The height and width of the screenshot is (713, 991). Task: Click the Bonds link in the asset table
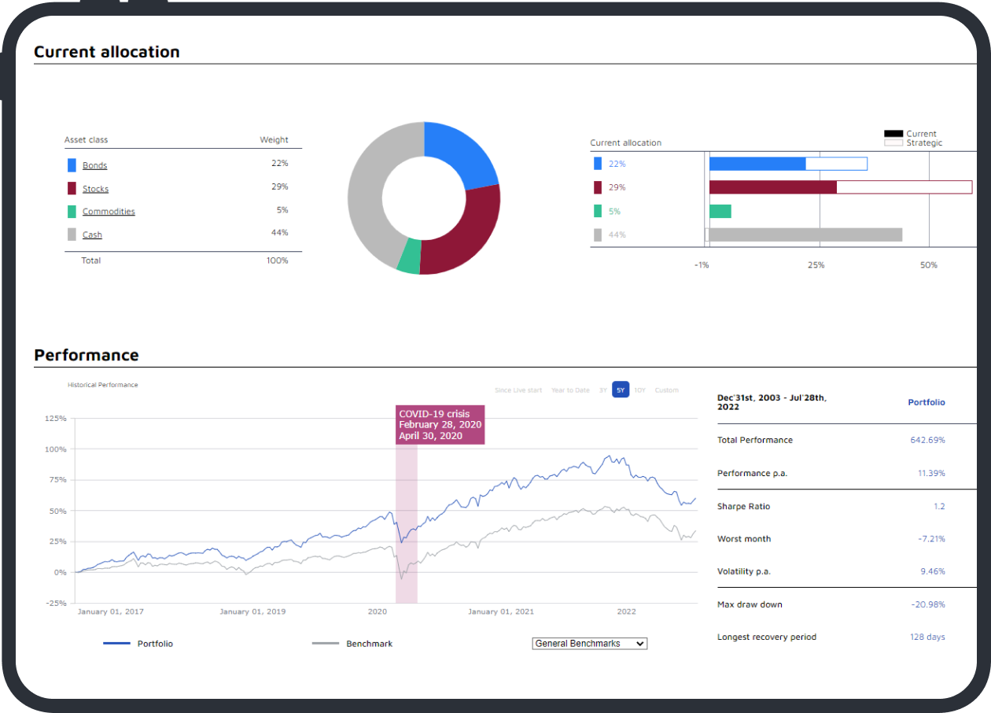tap(94, 165)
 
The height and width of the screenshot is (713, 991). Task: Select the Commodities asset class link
tap(109, 212)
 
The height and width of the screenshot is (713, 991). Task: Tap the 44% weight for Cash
tap(279, 233)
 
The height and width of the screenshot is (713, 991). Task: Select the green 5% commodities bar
tap(720, 211)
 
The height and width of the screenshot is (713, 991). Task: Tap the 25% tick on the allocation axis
tap(816, 265)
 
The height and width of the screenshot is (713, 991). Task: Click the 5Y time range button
tap(621, 390)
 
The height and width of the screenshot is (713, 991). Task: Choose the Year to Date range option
tap(570, 390)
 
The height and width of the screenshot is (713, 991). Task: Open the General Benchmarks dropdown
tap(590, 644)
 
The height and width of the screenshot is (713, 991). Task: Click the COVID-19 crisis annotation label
tap(440, 425)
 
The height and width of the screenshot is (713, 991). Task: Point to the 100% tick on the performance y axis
tap(55, 449)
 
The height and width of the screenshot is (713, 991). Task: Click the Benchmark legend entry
tap(369, 644)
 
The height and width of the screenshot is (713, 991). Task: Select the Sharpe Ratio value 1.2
tap(939, 507)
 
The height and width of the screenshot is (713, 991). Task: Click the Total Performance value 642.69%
tap(927, 440)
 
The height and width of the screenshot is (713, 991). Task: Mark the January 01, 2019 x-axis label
tap(253, 611)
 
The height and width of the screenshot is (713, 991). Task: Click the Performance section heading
tap(87, 355)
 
